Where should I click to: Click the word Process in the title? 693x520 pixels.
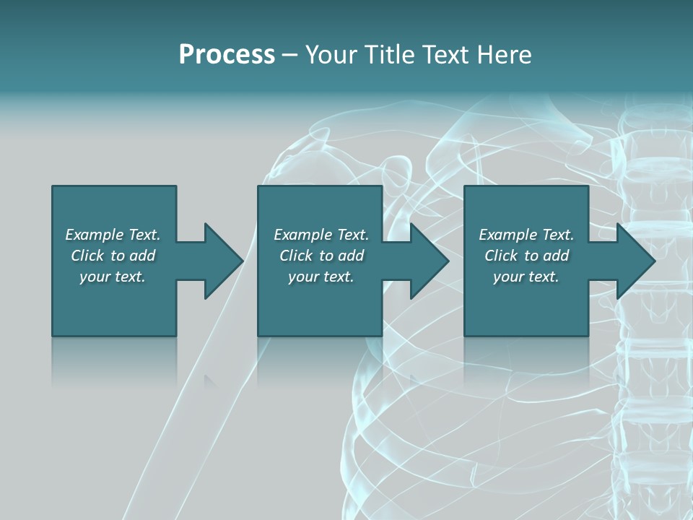[x=227, y=55]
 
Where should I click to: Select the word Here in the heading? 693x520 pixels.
[x=505, y=55]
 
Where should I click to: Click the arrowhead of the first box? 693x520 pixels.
[x=223, y=261]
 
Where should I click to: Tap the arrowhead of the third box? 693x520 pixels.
[x=635, y=261]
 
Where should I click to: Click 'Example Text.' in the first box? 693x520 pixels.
[x=113, y=235]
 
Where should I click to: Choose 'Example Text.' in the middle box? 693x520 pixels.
[x=321, y=235]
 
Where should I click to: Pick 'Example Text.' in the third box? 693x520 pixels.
[x=526, y=235]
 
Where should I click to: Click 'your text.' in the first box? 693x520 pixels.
[x=113, y=277]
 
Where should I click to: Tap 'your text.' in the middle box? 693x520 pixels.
[x=321, y=277]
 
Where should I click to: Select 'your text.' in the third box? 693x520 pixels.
[x=526, y=277]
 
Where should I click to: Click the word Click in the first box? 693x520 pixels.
[x=87, y=256]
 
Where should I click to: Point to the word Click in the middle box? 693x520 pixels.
[x=296, y=256]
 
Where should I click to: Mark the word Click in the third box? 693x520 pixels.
[x=501, y=256]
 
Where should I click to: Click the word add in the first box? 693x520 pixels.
[x=142, y=256]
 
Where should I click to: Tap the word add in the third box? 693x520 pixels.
[x=556, y=256]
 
